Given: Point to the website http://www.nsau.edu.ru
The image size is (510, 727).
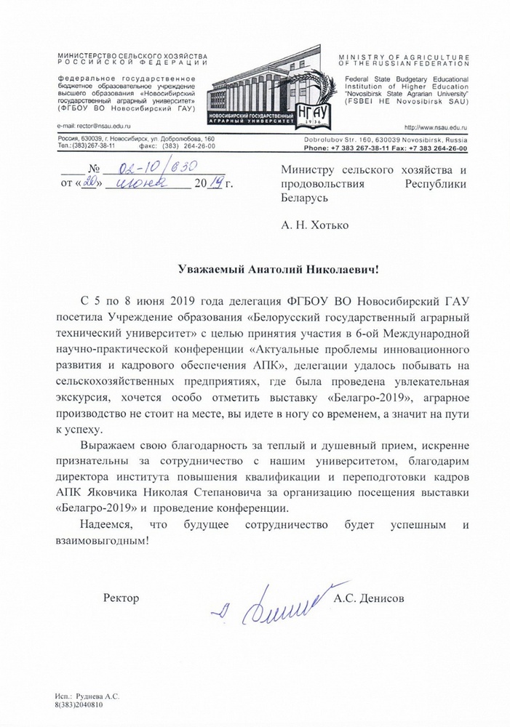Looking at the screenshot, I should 435,126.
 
